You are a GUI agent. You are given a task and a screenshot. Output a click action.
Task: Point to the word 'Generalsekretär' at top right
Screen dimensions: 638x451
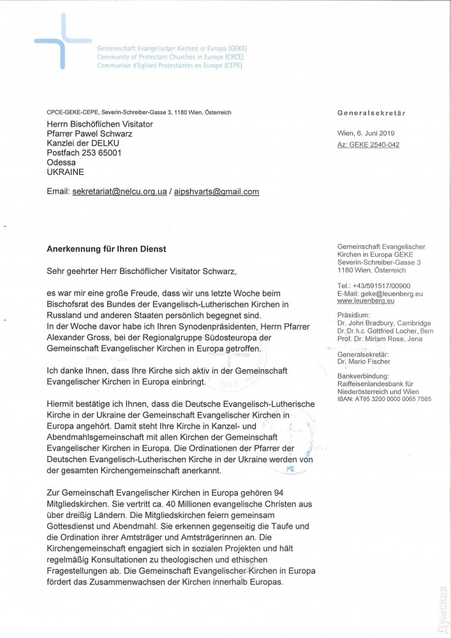371,113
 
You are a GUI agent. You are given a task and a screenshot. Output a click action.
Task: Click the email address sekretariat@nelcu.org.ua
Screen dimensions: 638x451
119,192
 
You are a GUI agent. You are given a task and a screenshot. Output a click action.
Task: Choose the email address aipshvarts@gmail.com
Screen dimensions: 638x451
218,192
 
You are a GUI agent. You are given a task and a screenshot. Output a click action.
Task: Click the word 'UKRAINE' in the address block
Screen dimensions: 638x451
65,172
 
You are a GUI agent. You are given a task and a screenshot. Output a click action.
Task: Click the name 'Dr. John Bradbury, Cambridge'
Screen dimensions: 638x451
384,324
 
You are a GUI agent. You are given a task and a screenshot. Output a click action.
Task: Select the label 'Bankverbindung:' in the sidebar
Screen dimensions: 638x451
363,377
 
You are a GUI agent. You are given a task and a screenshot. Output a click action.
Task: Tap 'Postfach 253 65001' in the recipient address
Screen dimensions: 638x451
84,153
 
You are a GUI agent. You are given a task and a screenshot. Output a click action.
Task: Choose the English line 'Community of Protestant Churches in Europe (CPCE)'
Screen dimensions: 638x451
169,57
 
